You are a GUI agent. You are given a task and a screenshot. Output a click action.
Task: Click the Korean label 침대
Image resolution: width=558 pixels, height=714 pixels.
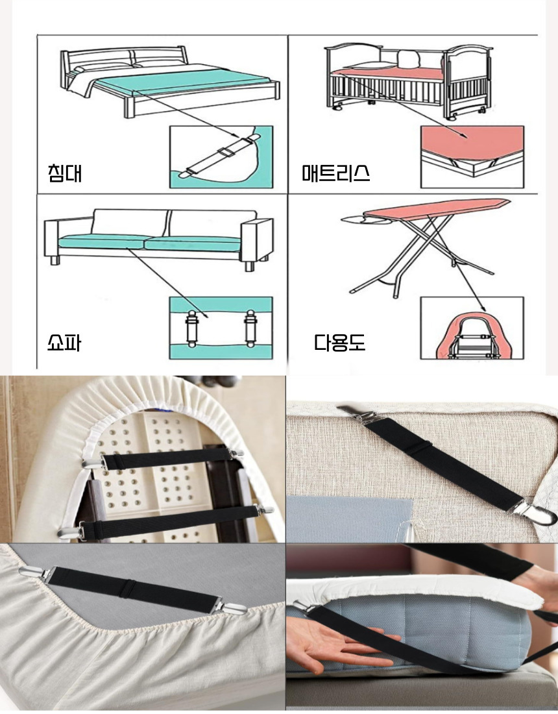point(65,173)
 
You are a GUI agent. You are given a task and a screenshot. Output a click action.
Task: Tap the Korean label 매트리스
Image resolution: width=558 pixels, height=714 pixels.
point(336,173)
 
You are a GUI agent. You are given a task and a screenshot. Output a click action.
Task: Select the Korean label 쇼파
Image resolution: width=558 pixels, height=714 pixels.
point(64,343)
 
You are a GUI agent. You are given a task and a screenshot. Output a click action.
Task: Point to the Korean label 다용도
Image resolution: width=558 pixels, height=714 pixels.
point(339,343)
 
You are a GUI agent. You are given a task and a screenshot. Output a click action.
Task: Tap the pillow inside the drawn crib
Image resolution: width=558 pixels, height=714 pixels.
point(407,58)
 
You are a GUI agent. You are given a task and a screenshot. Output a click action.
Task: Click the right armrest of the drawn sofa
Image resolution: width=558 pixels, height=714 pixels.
point(258,241)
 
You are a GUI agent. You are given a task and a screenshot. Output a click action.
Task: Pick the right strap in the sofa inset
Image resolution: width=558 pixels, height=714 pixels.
point(250,328)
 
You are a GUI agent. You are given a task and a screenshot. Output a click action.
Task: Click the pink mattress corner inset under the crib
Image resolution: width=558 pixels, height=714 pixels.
point(472,156)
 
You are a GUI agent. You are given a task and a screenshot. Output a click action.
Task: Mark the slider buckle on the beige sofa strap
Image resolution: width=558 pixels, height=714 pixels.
point(421,449)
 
